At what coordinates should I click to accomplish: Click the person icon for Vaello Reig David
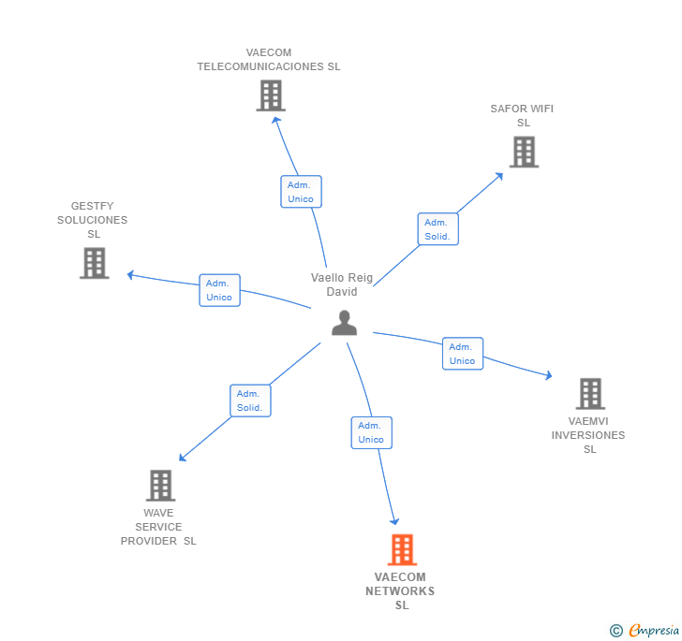pyautogui.click(x=345, y=323)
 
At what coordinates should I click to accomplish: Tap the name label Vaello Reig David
pyautogui.click(x=342, y=284)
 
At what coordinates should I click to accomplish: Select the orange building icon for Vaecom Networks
pyautogui.click(x=402, y=550)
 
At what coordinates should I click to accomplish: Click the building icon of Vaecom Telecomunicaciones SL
pyautogui.click(x=271, y=95)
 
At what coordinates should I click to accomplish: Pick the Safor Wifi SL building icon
pyautogui.click(x=524, y=152)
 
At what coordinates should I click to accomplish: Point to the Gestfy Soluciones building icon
pyautogui.click(x=94, y=263)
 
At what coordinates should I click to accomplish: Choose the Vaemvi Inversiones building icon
pyautogui.click(x=590, y=394)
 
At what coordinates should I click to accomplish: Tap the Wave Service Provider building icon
pyautogui.click(x=161, y=486)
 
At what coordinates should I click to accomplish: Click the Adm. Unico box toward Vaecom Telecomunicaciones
pyautogui.click(x=301, y=192)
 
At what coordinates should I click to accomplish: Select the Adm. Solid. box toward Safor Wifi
pyautogui.click(x=437, y=229)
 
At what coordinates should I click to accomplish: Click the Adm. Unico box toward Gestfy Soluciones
pyautogui.click(x=219, y=290)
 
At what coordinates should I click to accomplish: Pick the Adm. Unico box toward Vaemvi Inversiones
pyautogui.click(x=462, y=354)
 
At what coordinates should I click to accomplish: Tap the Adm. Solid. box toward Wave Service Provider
pyautogui.click(x=250, y=401)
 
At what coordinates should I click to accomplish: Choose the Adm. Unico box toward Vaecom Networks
pyautogui.click(x=371, y=432)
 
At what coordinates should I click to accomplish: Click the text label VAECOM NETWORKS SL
pyautogui.click(x=400, y=591)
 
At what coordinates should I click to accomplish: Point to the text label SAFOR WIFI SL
pyautogui.click(x=522, y=115)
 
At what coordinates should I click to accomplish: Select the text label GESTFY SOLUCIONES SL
pyautogui.click(x=93, y=220)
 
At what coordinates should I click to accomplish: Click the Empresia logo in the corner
pyautogui.click(x=645, y=630)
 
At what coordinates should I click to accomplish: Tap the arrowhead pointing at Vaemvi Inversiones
pyautogui.click(x=548, y=376)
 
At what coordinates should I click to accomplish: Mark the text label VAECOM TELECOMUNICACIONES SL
pyautogui.click(x=269, y=60)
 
